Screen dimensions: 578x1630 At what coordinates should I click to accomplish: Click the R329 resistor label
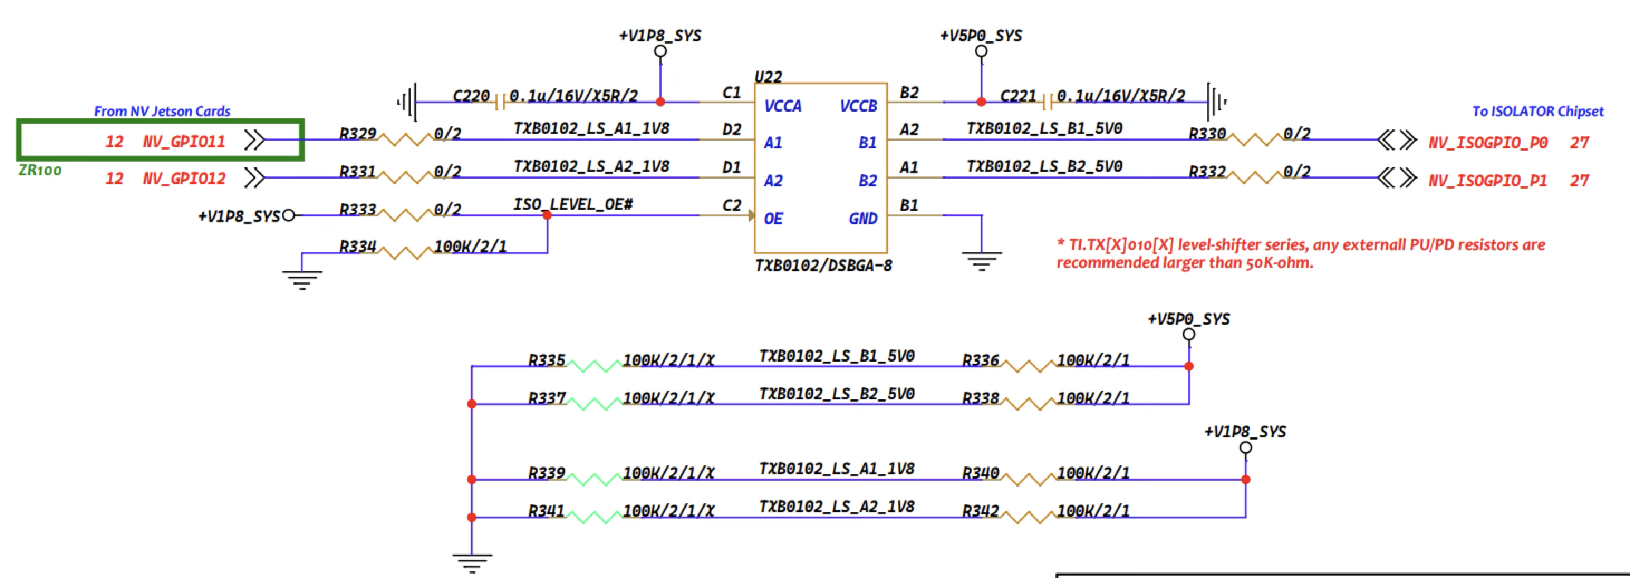click(358, 133)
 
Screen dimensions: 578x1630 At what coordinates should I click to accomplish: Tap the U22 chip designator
click(768, 76)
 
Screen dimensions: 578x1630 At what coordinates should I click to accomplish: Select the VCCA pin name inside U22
click(783, 105)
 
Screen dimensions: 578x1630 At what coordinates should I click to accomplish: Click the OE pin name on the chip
click(773, 218)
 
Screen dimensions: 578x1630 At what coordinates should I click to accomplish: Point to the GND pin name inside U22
click(863, 218)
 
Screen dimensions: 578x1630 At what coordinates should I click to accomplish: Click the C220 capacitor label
click(471, 95)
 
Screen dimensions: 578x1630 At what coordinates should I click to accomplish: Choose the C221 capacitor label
click(1017, 95)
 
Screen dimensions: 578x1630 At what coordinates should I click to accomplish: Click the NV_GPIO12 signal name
click(184, 179)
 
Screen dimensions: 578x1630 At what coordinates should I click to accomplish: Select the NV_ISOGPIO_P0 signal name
click(1488, 142)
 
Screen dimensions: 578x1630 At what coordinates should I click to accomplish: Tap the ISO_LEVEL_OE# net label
click(573, 204)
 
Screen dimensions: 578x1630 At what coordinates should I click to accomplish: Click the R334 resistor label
click(358, 246)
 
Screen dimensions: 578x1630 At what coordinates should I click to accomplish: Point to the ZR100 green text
click(40, 170)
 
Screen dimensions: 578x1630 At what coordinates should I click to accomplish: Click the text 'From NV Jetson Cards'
click(162, 112)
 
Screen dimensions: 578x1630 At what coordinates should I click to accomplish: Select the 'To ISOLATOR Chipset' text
click(1537, 112)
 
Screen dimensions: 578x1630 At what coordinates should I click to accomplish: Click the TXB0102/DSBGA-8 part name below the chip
click(823, 265)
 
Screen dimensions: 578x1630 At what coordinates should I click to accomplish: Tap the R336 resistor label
click(980, 360)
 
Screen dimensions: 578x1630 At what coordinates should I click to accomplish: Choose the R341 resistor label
click(546, 511)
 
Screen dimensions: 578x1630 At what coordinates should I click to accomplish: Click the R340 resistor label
click(980, 473)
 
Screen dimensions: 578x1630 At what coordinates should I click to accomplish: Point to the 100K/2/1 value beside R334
click(470, 246)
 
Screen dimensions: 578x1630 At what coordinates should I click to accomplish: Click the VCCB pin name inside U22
click(858, 105)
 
